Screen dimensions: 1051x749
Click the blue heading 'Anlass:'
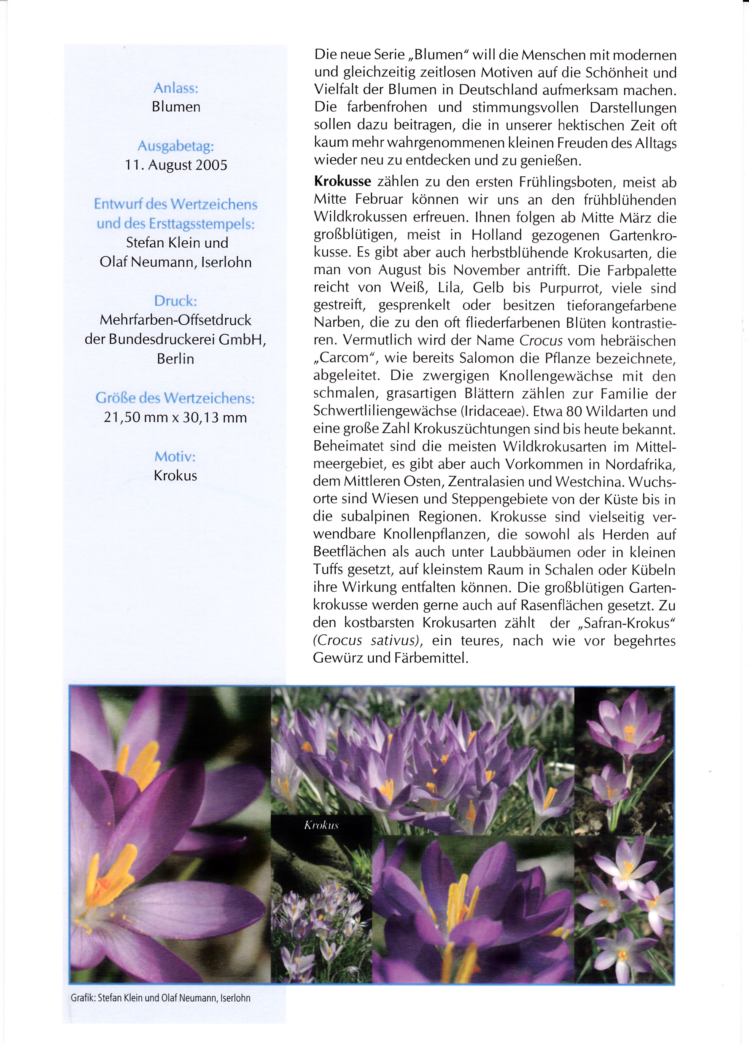point(176,88)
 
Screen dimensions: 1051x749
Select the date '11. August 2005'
point(176,164)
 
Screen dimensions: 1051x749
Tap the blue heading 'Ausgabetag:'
point(176,146)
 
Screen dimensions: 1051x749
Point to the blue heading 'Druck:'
point(175,301)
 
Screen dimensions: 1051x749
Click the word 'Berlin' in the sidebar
point(175,358)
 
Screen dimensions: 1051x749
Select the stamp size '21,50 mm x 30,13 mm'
point(175,418)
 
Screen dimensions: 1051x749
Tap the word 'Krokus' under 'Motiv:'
point(175,475)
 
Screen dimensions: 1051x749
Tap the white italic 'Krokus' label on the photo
point(321,825)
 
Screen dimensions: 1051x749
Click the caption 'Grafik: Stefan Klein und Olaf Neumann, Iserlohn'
point(161,997)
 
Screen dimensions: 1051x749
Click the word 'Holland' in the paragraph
point(496,235)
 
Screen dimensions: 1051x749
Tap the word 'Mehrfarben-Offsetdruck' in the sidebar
point(175,320)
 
